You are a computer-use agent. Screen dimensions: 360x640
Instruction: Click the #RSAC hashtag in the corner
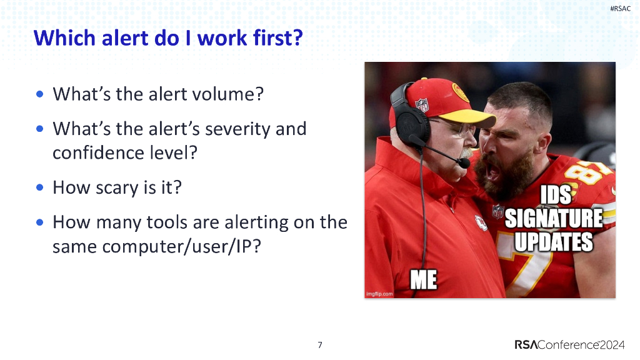(620, 8)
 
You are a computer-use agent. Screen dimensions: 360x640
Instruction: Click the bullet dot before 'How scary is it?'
(40, 187)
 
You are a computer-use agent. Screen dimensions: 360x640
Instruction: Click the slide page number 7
(320, 344)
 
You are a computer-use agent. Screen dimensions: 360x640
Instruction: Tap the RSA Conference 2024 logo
(572, 344)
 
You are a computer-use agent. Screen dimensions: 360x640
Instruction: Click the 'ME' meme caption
(423, 280)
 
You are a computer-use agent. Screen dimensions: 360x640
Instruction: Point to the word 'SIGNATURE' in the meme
(553, 219)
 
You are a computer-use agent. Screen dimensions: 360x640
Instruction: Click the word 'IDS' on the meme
(554, 196)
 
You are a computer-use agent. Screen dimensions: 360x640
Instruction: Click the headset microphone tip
(464, 163)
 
